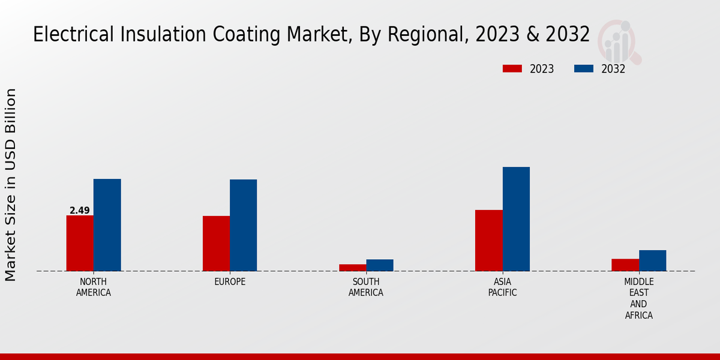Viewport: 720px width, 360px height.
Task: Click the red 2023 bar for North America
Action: point(80,243)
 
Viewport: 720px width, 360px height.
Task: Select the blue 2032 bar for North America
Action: point(107,225)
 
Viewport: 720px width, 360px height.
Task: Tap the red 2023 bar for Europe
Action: point(216,243)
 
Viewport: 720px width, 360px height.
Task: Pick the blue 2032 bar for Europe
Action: point(244,225)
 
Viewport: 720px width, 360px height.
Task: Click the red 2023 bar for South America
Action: point(352,268)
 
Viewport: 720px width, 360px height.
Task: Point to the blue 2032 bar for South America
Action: point(380,265)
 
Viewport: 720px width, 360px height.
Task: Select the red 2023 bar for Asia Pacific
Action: point(488,240)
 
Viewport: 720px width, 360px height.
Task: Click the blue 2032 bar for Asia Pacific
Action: point(516,219)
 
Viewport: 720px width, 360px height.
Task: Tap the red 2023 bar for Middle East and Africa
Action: point(625,265)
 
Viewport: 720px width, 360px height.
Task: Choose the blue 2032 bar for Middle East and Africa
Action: point(653,260)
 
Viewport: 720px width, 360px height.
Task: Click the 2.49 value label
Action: point(80,211)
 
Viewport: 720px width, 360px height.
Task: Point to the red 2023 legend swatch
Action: point(512,69)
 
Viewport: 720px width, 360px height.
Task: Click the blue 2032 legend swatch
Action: point(584,69)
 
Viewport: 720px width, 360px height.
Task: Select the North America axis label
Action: point(94,287)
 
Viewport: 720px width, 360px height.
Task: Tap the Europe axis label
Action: point(230,282)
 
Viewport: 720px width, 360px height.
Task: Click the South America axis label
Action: point(366,287)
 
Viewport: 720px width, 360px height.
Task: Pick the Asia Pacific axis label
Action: point(503,287)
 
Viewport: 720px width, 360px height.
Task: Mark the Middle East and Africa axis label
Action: point(639,298)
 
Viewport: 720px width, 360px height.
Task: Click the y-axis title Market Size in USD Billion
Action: point(11,185)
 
